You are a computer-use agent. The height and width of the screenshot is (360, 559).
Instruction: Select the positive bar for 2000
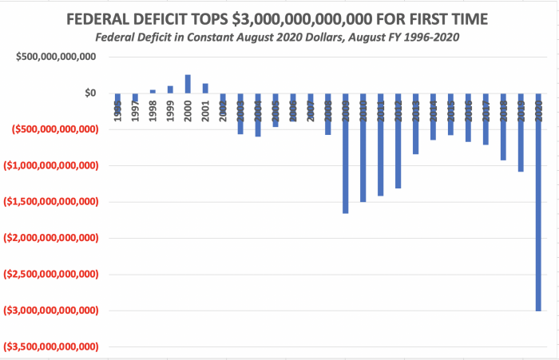(188, 84)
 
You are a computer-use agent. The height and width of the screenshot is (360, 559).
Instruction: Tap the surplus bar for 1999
(170, 89)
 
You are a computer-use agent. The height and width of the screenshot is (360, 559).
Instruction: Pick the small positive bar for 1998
(153, 91)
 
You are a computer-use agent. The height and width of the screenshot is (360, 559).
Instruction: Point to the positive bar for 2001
(205, 88)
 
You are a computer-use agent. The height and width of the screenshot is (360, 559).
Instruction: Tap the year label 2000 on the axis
(188, 113)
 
